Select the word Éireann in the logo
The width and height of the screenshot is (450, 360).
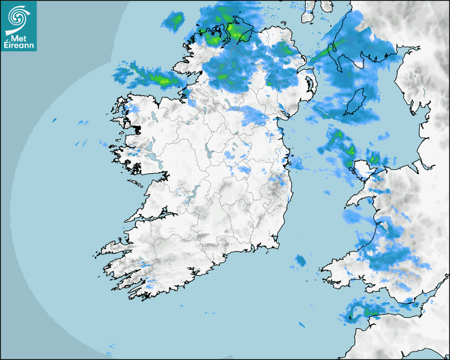pyautogui.click(x=19, y=46)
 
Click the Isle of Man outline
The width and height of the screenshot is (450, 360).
pyautogui.click(x=355, y=102)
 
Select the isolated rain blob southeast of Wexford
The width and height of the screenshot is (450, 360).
pyautogui.click(x=301, y=260)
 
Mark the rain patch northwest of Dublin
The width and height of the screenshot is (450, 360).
pyautogui.click(x=253, y=115)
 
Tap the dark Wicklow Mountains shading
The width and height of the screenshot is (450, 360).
pyautogui.click(x=275, y=188)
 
